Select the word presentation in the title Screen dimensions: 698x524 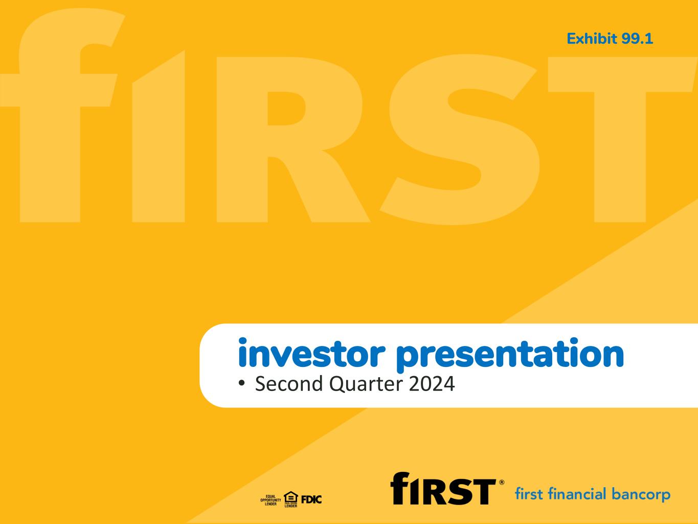(x=510, y=355)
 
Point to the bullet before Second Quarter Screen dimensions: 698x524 (x=242, y=383)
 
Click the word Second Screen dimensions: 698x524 (x=289, y=384)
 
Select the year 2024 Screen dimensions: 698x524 (x=432, y=384)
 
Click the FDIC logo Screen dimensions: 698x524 (x=311, y=499)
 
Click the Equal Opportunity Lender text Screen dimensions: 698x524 (x=271, y=500)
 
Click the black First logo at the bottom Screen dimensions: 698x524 (x=443, y=488)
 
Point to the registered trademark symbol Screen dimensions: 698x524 (x=502, y=483)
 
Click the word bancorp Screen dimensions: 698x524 (x=641, y=495)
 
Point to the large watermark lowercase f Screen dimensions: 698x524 (x=62, y=115)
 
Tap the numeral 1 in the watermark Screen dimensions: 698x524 (x=159, y=136)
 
